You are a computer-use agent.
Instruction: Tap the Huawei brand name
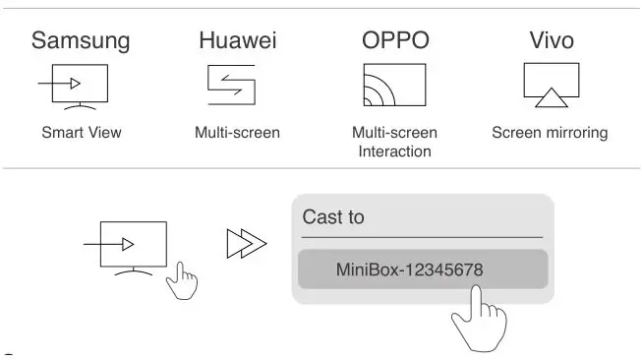click(x=237, y=40)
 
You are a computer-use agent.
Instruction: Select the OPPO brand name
click(x=394, y=40)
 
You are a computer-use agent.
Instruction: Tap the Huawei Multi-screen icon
click(x=232, y=85)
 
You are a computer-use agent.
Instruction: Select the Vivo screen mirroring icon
click(x=551, y=85)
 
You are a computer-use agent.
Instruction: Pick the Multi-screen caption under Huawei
click(x=237, y=133)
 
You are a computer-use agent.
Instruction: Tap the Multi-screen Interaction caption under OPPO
click(x=394, y=142)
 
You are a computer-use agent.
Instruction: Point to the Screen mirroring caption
click(x=550, y=133)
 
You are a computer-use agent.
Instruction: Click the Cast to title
click(x=333, y=217)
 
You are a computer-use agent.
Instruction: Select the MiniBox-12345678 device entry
click(x=423, y=269)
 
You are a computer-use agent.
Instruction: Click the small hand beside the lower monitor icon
click(x=181, y=283)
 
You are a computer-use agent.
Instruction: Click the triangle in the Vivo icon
click(x=551, y=97)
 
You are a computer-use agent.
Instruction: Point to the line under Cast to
click(x=422, y=237)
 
